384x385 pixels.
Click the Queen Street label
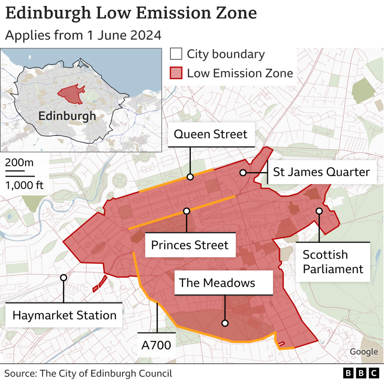(x=210, y=134)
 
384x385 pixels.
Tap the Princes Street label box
(x=190, y=245)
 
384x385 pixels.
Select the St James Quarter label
(x=321, y=172)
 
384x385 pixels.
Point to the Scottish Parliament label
(x=333, y=262)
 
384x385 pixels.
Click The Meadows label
(x=217, y=283)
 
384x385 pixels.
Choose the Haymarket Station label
(x=65, y=315)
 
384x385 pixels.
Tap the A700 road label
(x=156, y=345)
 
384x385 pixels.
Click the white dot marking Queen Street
(x=190, y=177)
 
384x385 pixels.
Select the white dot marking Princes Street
(x=186, y=211)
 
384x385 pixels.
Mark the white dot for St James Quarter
(x=243, y=173)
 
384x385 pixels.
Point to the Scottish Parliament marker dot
(x=319, y=211)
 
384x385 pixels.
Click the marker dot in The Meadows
(x=225, y=323)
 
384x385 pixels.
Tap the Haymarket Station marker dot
(x=63, y=278)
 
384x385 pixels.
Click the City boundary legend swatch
(x=176, y=54)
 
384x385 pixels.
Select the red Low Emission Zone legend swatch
(x=176, y=73)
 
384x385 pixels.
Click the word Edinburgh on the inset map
(x=67, y=116)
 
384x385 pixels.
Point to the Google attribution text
(x=364, y=352)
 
